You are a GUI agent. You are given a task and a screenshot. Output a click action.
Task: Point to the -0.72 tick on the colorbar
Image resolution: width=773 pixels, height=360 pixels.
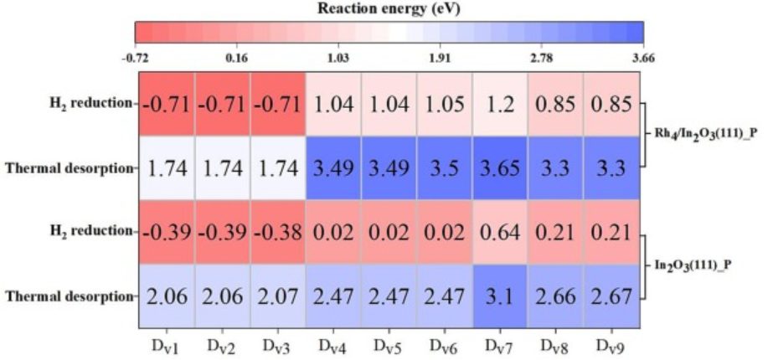point(135,58)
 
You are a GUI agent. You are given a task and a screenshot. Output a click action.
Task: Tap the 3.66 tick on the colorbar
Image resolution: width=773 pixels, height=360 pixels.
point(643,58)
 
